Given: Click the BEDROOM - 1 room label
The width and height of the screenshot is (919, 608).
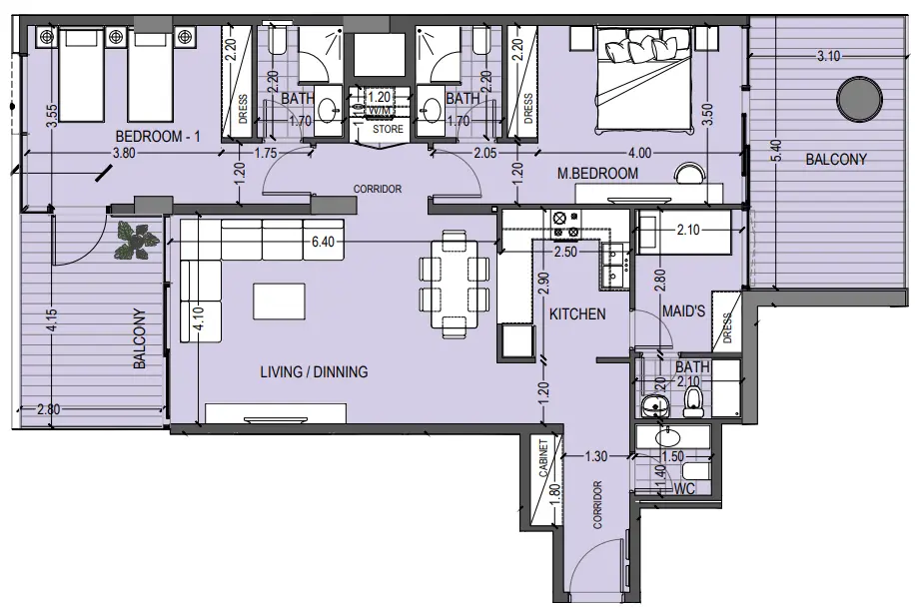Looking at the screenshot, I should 159,137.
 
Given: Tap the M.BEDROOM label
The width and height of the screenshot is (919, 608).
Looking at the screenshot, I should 597,174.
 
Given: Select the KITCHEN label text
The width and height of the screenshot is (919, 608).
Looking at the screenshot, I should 576,313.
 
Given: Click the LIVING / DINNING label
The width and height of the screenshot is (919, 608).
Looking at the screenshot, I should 314,372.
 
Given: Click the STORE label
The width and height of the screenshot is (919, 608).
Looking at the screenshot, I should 388,130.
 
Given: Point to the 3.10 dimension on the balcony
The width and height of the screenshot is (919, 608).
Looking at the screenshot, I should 826,57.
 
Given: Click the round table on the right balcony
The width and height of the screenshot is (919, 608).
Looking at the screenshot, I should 859,99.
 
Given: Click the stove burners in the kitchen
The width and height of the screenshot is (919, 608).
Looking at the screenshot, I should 559,227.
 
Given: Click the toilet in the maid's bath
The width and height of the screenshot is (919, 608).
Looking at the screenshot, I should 693,401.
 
